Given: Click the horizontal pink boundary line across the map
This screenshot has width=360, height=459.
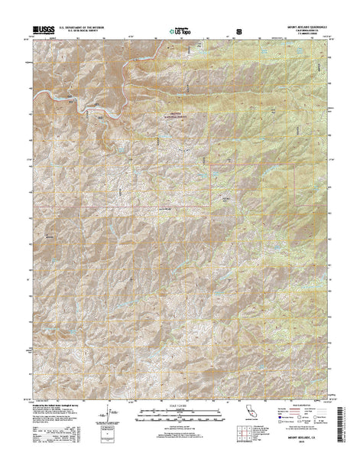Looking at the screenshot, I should (115, 207).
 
